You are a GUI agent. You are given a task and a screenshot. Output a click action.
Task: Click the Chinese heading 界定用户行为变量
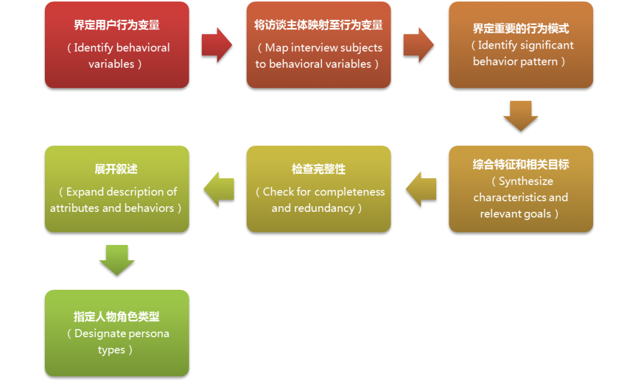117,26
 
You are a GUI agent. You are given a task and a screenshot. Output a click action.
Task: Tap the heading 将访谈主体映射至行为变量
318,26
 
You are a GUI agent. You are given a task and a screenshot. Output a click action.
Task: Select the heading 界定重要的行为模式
520,29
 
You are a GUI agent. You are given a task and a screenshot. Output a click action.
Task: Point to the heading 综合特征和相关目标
520,165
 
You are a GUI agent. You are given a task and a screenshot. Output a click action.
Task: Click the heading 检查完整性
318,170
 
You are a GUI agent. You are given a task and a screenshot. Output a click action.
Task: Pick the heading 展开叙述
117,170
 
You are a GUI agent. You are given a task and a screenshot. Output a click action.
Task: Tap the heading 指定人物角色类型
117,317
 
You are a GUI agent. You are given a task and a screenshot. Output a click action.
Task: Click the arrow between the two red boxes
217,44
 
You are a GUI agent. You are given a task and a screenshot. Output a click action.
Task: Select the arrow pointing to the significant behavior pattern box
419,44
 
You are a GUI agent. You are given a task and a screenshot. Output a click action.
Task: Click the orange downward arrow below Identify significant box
520,116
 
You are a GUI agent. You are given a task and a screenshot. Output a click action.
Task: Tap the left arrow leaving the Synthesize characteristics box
421,188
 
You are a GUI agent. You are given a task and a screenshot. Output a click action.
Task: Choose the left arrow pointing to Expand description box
219,188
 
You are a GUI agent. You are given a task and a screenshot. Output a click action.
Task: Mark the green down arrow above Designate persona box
117,260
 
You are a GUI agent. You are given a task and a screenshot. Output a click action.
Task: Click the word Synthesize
526,181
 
